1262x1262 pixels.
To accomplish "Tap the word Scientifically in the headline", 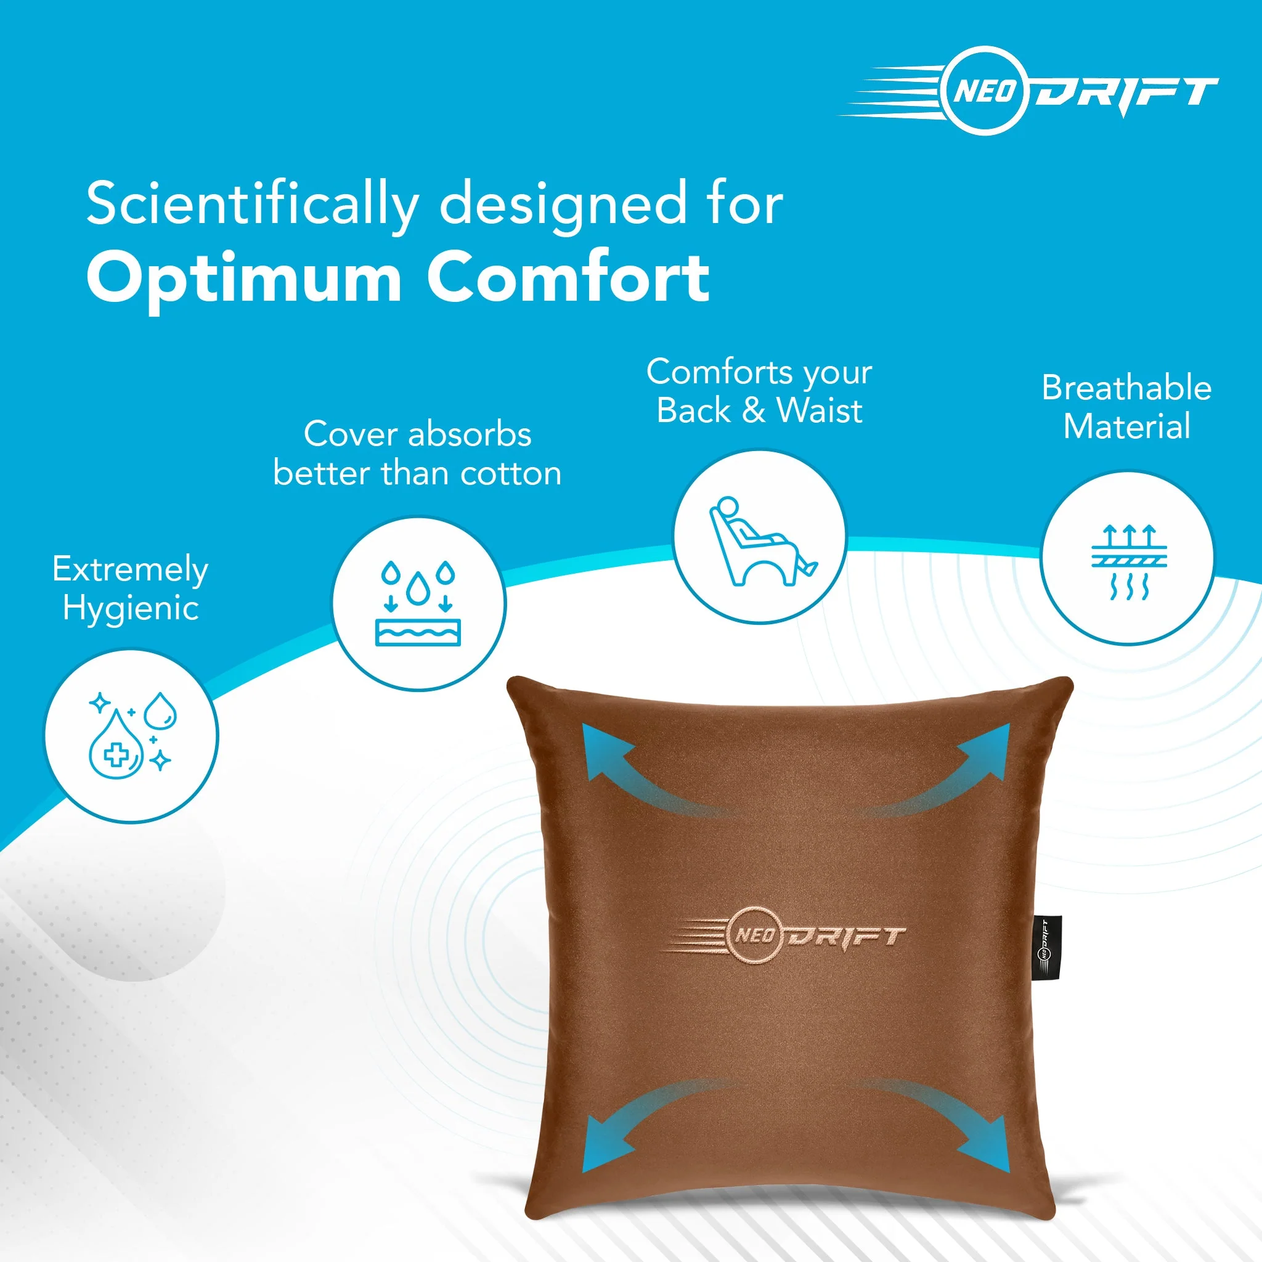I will pyautogui.click(x=251, y=204).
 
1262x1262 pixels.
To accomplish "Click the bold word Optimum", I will pyautogui.click(x=243, y=279).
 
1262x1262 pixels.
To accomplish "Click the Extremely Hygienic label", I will pyautogui.click(x=131, y=588).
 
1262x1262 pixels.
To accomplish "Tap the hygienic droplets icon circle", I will pyautogui.click(x=131, y=736).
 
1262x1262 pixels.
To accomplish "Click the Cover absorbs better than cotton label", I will pyautogui.click(x=417, y=454).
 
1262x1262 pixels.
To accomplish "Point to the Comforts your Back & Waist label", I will pyautogui.click(x=759, y=391).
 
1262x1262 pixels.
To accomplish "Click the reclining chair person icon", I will pyautogui.click(x=760, y=537).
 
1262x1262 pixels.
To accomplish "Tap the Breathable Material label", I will pyautogui.click(x=1126, y=406).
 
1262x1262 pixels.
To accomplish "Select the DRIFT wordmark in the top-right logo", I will pyautogui.click(x=1123, y=93).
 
